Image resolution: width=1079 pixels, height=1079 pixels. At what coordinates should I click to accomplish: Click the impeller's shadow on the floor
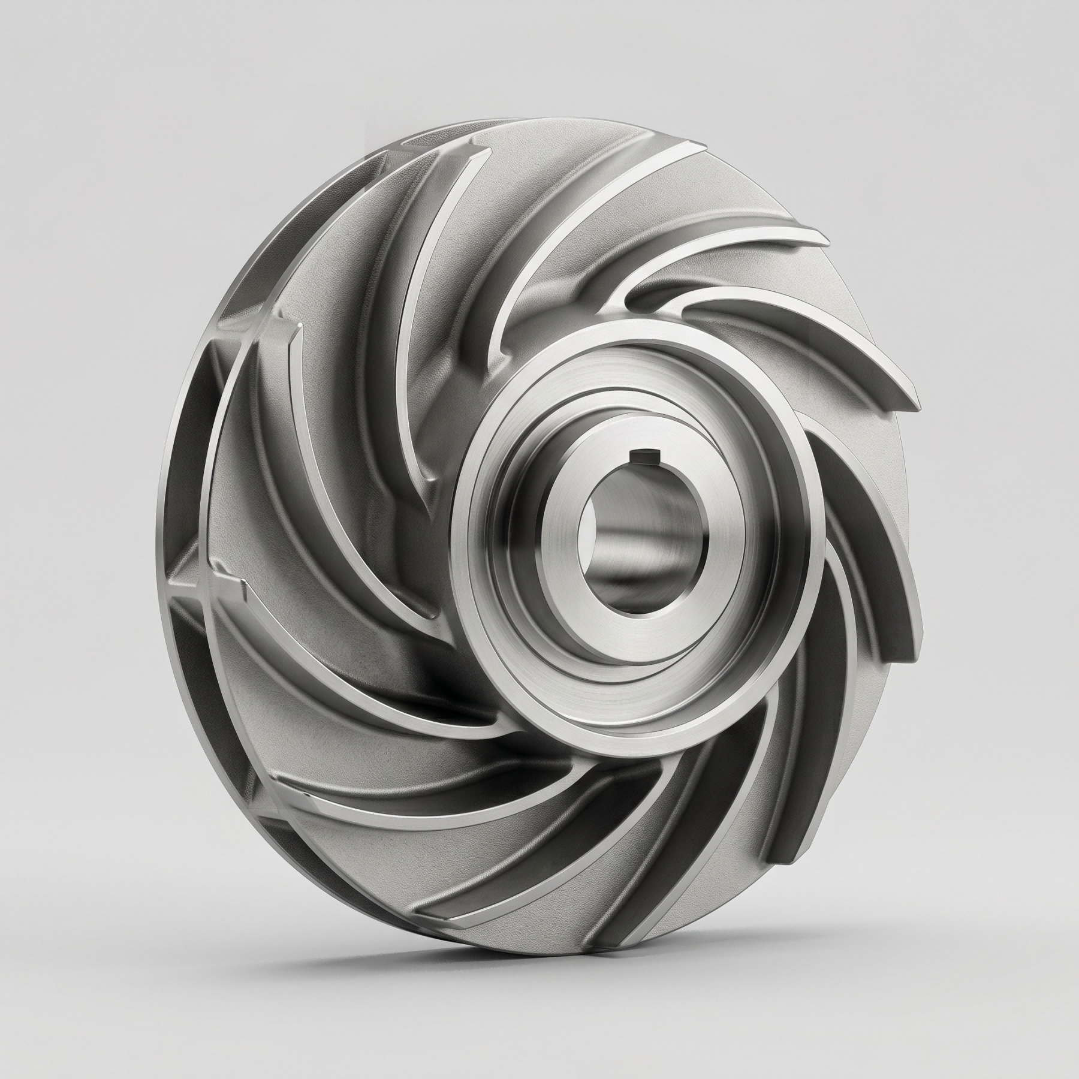point(599,953)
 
